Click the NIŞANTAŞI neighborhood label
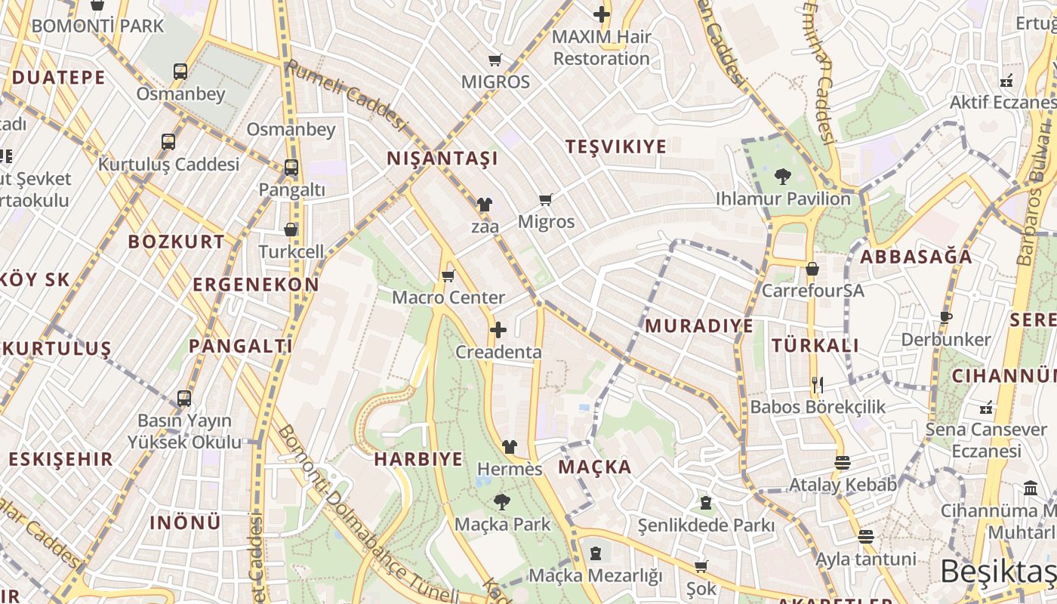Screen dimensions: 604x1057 tap(442, 159)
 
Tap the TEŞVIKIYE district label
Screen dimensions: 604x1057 tap(616, 146)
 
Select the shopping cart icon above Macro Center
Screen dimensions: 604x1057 tap(448, 276)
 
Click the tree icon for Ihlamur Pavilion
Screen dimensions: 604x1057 tap(783, 177)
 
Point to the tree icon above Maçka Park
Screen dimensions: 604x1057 tap(501, 502)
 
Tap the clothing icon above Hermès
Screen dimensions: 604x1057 tap(510, 447)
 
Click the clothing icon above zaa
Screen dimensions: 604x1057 tap(484, 204)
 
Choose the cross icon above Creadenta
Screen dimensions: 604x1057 tap(498, 330)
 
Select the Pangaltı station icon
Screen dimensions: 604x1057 tap(291, 168)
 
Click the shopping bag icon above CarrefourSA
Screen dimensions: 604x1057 tap(812, 269)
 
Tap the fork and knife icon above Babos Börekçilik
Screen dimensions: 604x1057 tap(817, 384)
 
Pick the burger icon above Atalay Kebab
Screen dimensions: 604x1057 tap(843, 462)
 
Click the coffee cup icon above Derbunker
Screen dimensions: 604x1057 tap(946, 317)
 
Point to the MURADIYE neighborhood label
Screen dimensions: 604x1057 tap(699, 326)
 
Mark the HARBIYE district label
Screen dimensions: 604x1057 tap(418, 459)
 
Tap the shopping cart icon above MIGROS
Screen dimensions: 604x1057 tap(495, 60)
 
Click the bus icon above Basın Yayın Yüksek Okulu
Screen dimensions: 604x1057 tap(184, 398)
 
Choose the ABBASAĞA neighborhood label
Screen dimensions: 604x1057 tap(917, 257)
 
